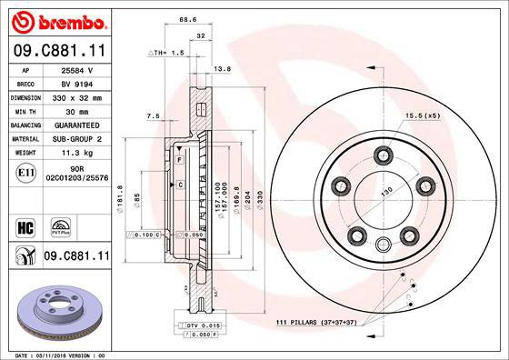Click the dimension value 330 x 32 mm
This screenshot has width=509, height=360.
(77, 95)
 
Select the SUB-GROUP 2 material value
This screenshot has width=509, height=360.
(77, 138)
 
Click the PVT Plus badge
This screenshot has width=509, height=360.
(63, 225)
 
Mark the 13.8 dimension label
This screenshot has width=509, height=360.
(221, 68)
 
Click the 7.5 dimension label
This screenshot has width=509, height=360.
(153, 116)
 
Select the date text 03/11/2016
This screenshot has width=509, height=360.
(56, 355)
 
